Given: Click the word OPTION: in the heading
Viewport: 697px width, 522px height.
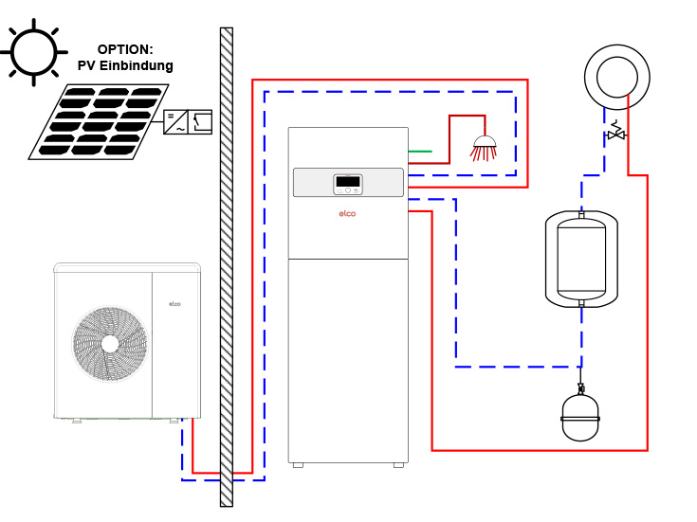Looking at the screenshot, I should pos(125,49).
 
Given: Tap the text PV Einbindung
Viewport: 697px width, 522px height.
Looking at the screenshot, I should pos(125,66).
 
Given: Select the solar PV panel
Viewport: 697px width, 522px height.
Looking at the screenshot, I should pos(100,121).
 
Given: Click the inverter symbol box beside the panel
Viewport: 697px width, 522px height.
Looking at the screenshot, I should pos(187,121).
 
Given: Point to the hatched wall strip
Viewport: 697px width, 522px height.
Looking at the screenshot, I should pos(226,265).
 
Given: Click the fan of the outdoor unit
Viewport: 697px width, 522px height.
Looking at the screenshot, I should pos(110,344).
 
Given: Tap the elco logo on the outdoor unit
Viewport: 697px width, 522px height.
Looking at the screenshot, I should pos(174,304).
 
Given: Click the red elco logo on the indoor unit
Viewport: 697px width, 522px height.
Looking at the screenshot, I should pos(347,214).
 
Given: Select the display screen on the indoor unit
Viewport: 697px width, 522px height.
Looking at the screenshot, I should pos(348,181).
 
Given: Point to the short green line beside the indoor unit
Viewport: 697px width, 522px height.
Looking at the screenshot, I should pos(420,151).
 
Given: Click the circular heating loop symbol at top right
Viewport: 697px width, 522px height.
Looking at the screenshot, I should pos(617,77).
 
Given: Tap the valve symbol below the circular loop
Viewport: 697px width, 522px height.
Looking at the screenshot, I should pos(616,133).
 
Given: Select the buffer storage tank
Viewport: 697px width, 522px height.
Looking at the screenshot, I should pos(581,259).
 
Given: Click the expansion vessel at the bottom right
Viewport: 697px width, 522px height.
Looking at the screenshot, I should pos(580,418).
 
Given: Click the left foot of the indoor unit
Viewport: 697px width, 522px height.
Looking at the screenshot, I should pos(298,465).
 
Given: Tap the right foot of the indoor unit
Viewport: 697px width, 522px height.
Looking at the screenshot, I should pos(398,465).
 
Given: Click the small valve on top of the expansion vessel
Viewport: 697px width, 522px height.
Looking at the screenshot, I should pos(581,387).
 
